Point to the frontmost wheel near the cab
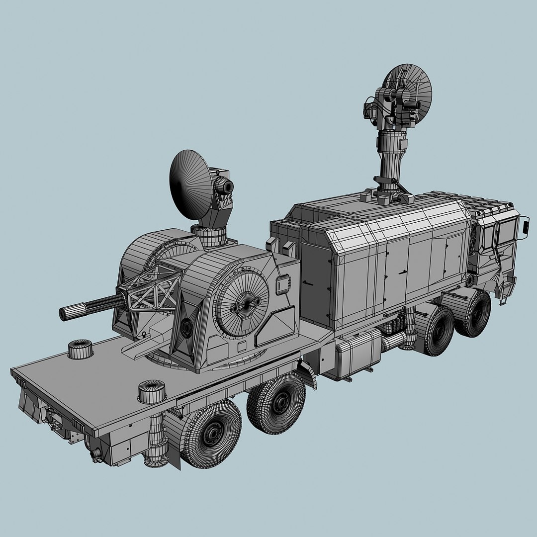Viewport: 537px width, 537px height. coord(474,314)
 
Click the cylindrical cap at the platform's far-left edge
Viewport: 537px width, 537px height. coord(80,349)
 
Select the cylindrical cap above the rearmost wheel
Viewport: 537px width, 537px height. coord(152,391)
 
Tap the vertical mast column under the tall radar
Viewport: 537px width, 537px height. coord(390,154)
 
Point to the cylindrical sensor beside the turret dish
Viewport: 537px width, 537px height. coord(225,186)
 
